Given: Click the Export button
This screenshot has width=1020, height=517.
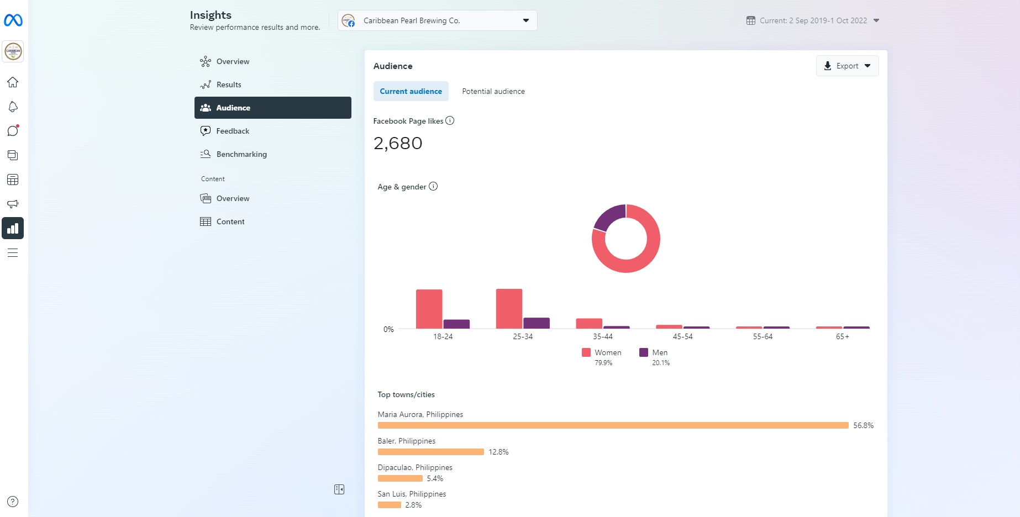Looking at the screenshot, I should [x=847, y=66].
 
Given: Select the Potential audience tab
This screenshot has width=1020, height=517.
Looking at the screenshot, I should [x=493, y=91].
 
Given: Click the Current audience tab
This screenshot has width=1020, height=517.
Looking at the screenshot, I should [x=411, y=91].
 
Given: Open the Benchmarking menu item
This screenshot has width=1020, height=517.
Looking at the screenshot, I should [x=241, y=154].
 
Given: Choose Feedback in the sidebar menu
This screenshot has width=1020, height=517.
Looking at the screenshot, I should [x=233, y=131].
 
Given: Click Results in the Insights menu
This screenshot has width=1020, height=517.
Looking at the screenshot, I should [x=229, y=85].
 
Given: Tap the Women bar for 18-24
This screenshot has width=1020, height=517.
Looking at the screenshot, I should [x=429, y=309].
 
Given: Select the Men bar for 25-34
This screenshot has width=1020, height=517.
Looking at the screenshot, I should [x=536, y=323].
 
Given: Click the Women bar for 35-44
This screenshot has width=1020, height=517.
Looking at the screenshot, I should [x=589, y=323].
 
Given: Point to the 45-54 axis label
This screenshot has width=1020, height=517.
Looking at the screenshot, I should [x=682, y=336].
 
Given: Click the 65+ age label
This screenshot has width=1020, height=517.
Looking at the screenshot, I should [x=842, y=336].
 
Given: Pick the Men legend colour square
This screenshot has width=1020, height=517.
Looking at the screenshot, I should [x=644, y=352].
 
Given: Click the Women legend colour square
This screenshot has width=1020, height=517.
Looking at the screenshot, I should [x=586, y=352].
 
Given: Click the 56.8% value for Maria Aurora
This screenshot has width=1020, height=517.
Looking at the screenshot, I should [x=863, y=425].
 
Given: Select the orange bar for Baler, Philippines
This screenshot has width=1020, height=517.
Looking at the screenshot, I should [x=430, y=452].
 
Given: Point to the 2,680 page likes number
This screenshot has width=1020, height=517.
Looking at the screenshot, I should [x=398, y=144].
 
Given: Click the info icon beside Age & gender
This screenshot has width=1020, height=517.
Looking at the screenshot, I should [x=433, y=187].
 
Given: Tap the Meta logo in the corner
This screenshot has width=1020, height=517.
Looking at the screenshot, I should [x=13, y=20].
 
